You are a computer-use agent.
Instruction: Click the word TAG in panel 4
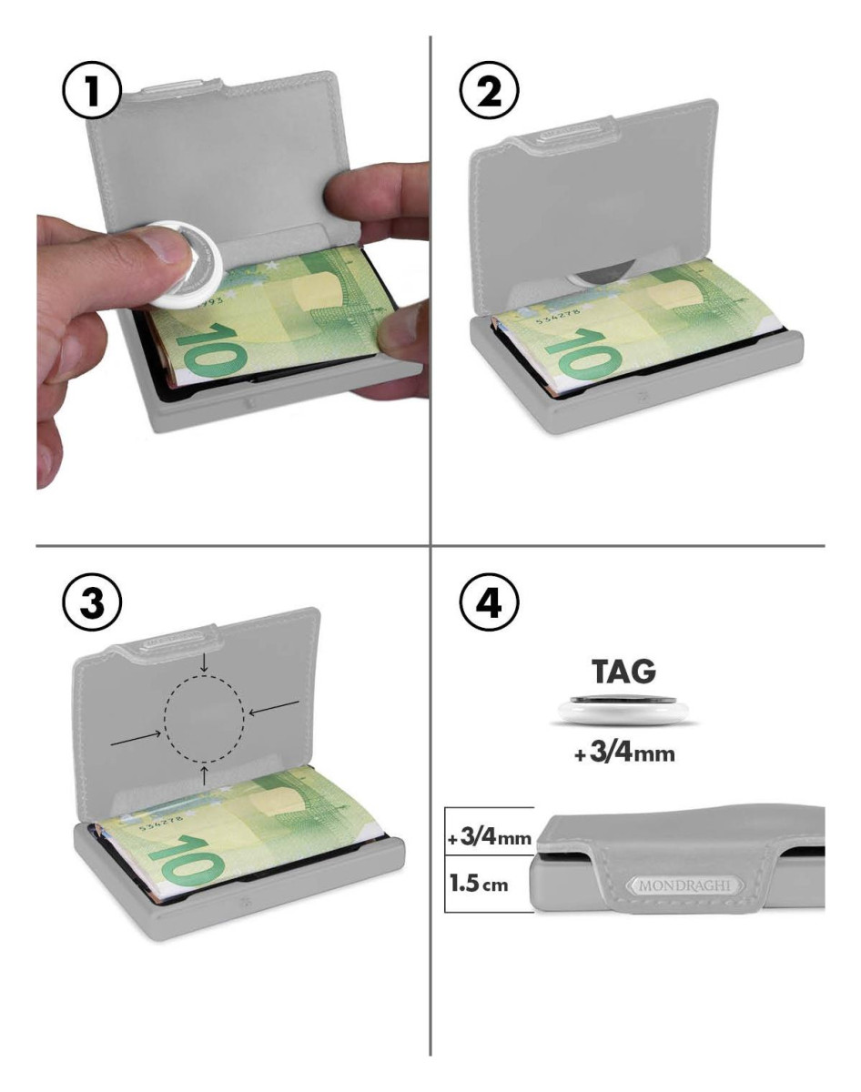click(623, 672)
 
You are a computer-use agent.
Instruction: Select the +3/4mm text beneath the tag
click(624, 753)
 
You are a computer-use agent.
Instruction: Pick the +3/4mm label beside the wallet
click(490, 837)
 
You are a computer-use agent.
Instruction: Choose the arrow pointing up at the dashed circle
click(204, 774)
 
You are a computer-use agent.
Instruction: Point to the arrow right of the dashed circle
click(274, 707)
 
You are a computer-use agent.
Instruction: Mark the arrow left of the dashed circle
click(136, 737)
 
